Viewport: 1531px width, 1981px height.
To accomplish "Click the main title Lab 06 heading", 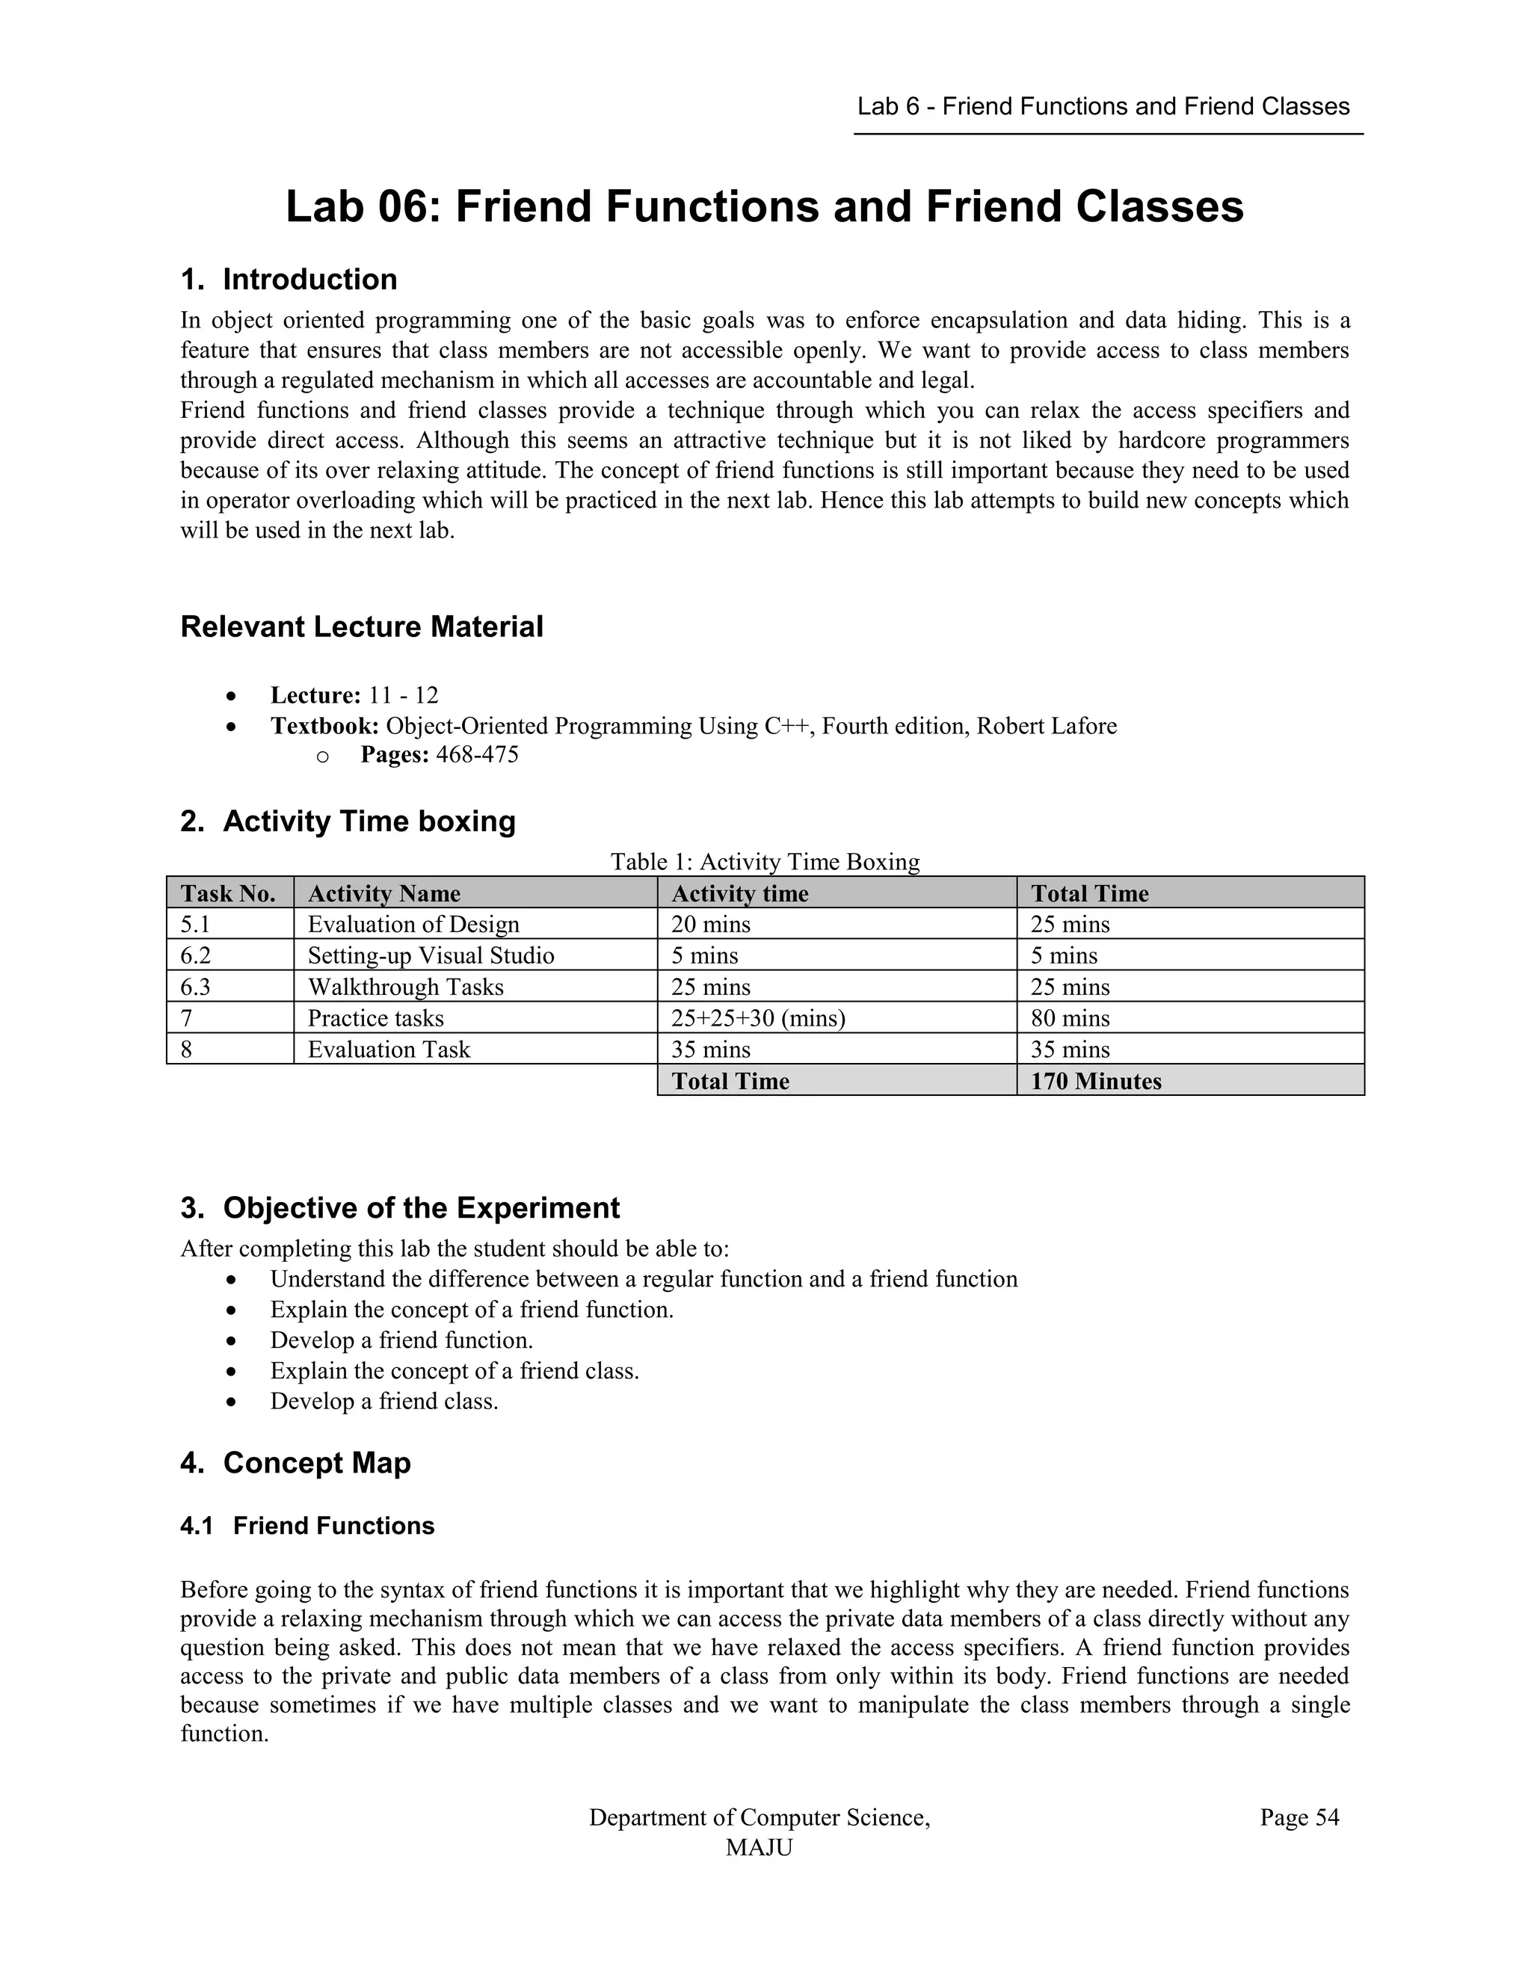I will coord(765,207).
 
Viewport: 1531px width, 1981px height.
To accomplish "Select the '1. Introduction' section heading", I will coord(289,280).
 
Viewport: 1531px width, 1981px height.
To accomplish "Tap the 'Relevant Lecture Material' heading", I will coord(362,626).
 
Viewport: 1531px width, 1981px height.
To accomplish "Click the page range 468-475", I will coord(477,755).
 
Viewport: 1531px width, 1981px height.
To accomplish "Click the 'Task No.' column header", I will coord(229,893).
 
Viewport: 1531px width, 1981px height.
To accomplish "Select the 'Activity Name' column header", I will coord(384,893).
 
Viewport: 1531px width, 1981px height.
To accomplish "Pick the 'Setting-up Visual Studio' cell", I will coord(431,955).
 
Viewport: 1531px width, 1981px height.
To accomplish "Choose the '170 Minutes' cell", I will coord(1096,1081).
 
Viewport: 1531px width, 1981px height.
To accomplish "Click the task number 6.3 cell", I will coord(196,987).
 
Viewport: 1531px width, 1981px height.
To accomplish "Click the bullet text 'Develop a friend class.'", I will coord(384,1402).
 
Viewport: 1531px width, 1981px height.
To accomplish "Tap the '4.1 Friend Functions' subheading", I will coord(307,1526).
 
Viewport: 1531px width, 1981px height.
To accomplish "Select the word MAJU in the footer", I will coord(760,1848).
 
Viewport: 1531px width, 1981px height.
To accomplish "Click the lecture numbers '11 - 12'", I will coord(404,696).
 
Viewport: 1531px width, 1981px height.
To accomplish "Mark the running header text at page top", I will coord(1103,107).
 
